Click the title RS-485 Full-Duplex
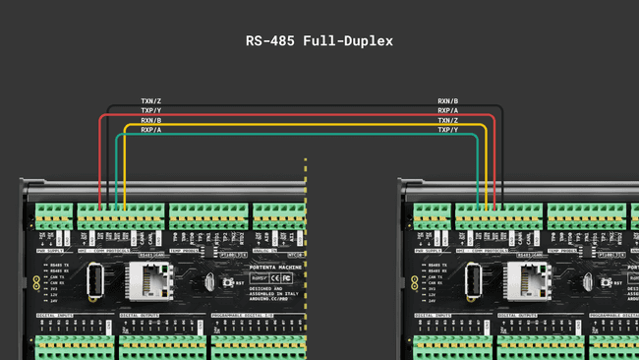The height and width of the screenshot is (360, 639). coord(319,41)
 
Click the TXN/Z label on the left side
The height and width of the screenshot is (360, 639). coord(151,101)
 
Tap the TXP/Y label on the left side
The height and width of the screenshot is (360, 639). coord(151,111)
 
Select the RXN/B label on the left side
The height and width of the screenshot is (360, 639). coord(151,120)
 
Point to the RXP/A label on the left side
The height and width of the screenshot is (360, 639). coord(151,130)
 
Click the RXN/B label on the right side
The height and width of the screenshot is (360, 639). coord(448,101)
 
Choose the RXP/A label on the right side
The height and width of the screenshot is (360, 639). coord(448,111)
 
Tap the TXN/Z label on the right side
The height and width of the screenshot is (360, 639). coord(448,120)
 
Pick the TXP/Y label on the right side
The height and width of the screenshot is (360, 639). coord(448,130)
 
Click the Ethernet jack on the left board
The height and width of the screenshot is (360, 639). coord(145,282)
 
